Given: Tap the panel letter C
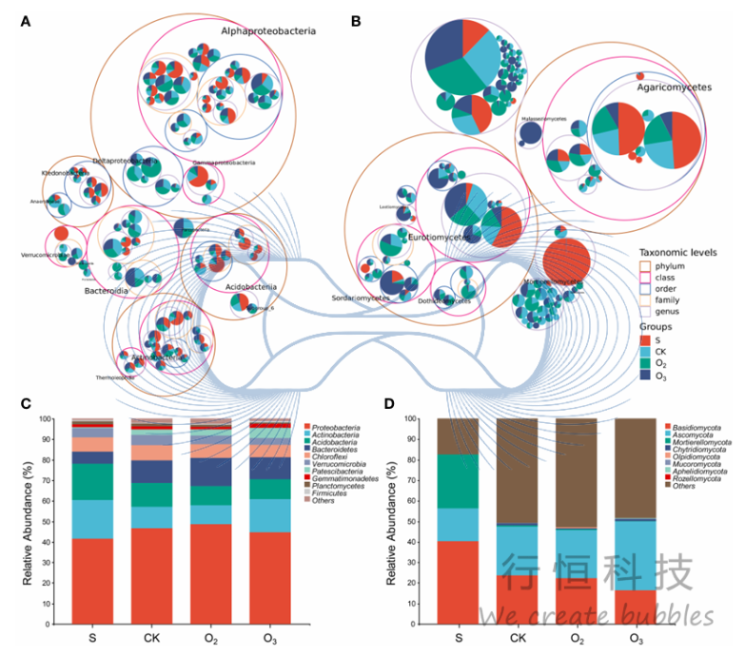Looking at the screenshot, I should pyautogui.click(x=25, y=404).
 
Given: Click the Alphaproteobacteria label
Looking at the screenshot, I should pyautogui.click(x=268, y=31).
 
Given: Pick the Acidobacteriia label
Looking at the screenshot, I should pyautogui.click(x=251, y=286).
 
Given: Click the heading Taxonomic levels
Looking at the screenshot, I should pyautogui.click(x=677, y=252).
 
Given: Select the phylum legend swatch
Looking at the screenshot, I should pyautogui.click(x=646, y=266).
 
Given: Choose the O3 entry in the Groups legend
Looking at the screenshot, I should pyautogui.click(x=646, y=376).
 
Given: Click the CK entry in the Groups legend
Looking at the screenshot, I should pyautogui.click(x=646, y=351).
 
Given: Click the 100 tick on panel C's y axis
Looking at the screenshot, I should pyautogui.click(x=57, y=418).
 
